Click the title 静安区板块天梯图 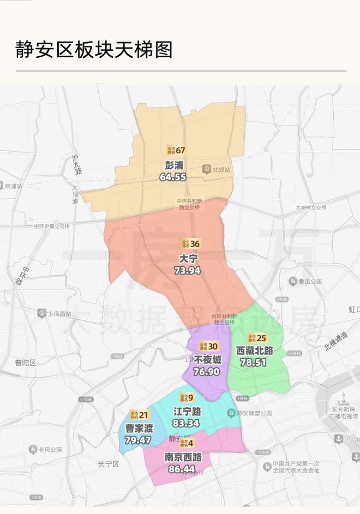coord(94,49)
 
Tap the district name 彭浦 coord(174,165)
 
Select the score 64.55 coord(173,177)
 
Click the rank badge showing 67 coord(177,150)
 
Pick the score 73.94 coord(187,270)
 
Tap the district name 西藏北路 coord(254,350)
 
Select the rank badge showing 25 coord(257,338)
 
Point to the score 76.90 coord(206,372)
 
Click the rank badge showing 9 coord(187,397)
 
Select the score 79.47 coord(137,440)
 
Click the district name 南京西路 coord(183,457)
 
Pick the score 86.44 coord(183,469)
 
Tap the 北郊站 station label coord(217,170)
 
